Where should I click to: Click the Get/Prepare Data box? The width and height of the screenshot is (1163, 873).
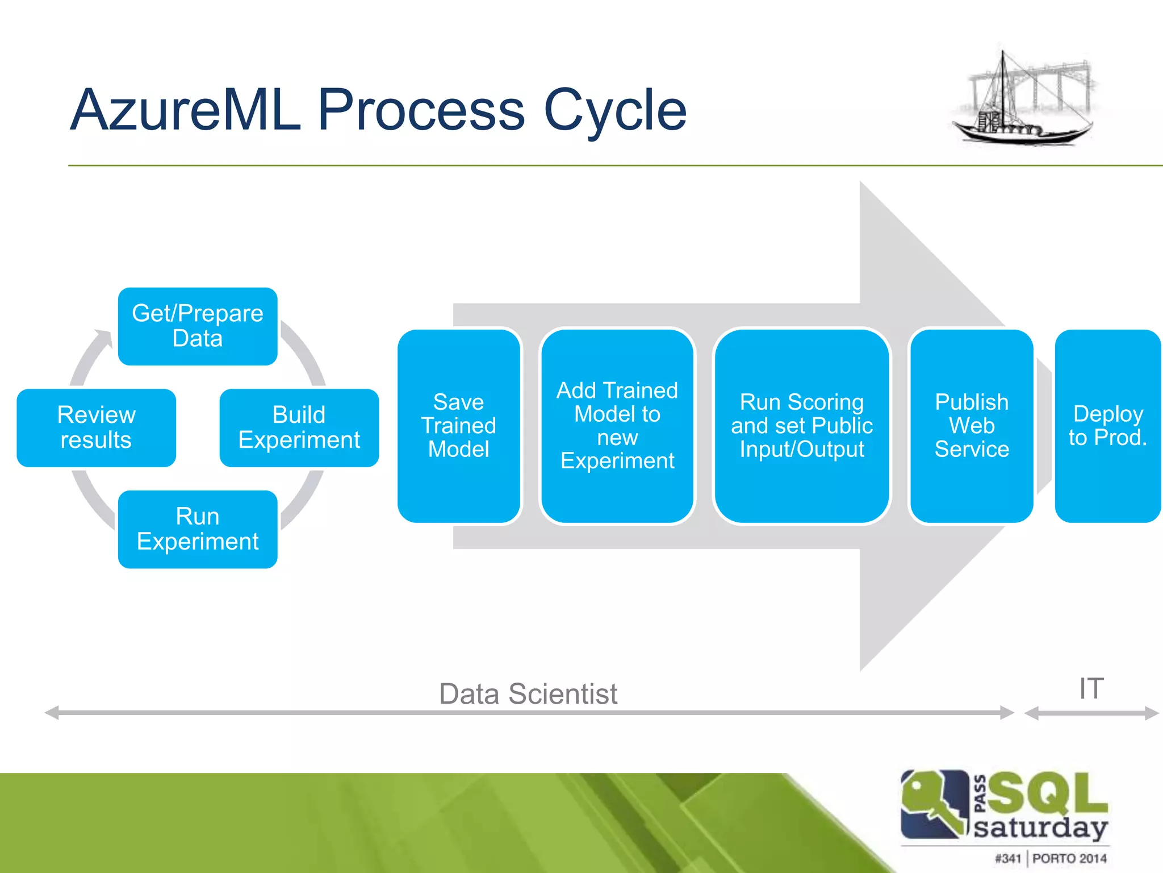pos(198,326)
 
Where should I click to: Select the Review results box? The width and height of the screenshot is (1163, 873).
pos(97,427)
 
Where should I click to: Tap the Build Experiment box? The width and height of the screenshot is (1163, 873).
pos(299,427)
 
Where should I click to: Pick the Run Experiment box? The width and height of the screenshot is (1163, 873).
pos(198,529)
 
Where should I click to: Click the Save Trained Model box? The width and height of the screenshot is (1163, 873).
pos(459,426)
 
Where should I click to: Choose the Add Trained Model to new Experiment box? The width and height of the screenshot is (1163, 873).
pos(617,426)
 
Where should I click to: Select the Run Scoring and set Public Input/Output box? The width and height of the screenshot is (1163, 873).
pos(801,426)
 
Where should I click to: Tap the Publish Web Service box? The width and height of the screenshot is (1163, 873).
pos(972,426)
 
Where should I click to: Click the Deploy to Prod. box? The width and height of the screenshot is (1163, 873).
pos(1107,426)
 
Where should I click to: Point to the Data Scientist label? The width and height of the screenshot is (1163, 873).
pos(528,694)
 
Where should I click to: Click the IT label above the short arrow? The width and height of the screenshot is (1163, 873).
pos(1091,689)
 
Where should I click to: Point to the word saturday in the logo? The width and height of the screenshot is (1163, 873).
pos(1040,828)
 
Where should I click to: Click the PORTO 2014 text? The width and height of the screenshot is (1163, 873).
pos(1069,858)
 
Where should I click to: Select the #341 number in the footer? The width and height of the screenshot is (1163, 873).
pos(1008,858)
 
